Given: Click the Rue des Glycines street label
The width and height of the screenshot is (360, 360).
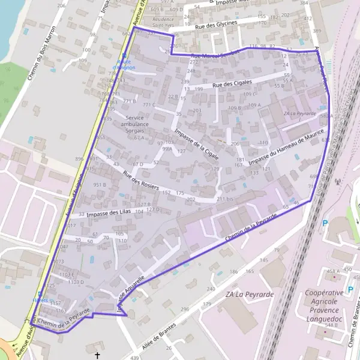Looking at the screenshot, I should point(217,23).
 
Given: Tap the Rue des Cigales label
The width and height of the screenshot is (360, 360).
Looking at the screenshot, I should point(237,83).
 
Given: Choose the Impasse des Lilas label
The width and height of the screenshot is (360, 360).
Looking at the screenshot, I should point(108,213).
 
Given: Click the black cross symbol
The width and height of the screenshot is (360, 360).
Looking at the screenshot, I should point(98,355).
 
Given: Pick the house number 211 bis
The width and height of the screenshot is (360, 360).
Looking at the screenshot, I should point(224,198).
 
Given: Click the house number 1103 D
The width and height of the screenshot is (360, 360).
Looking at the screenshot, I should point(76,281).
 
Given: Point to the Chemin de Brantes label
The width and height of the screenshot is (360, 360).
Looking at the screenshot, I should point(354,327).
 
